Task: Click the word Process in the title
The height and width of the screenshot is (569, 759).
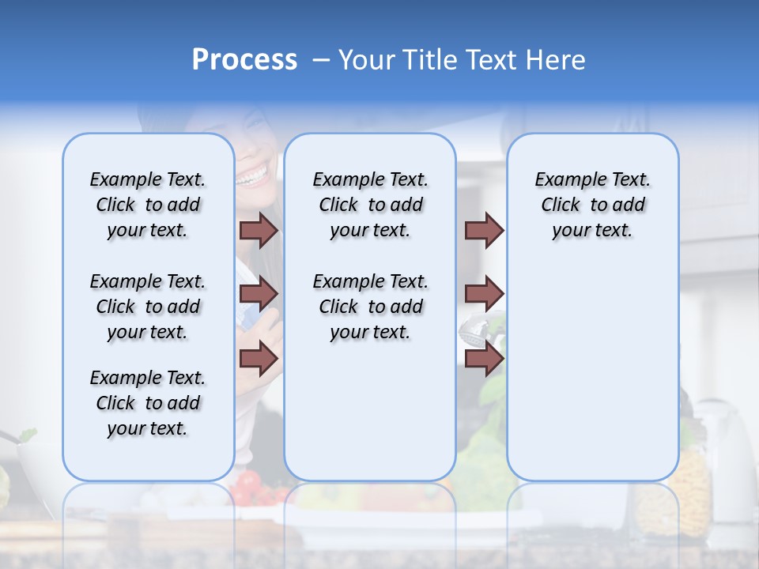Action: pyautogui.click(x=244, y=60)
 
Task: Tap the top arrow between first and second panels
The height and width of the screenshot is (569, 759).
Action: pyautogui.click(x=259, y=230)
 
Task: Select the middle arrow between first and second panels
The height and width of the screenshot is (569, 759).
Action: pyautogui.click(x=259, y=294)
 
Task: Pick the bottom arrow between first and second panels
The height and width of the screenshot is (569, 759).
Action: pyautogui.click(x=259, y=358)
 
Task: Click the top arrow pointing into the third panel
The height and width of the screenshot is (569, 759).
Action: pyautogui.click(x=484, y=230)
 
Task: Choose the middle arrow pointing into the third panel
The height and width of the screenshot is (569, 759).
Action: pyautogui.click(x=484, y=294)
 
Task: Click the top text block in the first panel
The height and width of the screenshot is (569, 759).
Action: pyautogui.click(x=148, y=205)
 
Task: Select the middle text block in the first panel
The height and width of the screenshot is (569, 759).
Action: pyautogui.click(x=148, y=307)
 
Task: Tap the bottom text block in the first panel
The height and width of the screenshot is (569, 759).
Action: pyautogui.click(x=148, y=403)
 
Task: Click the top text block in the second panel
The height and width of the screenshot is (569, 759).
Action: pyautogui.click(x=370, y=205)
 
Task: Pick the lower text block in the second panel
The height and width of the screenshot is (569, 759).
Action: pyautogui.click(x=370, y=307)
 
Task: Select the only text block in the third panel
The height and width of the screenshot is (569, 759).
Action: pyautogui.click(x=592, y=205)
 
